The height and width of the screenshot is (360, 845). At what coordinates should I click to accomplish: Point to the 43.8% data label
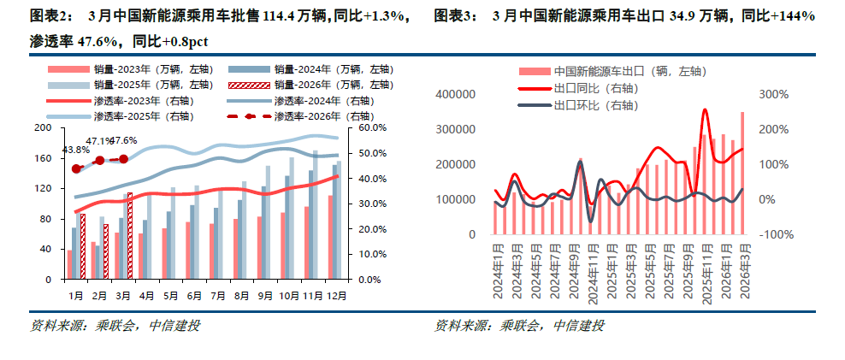[74, 150]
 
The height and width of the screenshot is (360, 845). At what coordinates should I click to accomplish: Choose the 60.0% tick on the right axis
[374, 128]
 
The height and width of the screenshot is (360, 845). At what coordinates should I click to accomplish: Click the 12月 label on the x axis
[337, 295]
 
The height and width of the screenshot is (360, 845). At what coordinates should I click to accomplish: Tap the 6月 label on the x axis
[195, 295]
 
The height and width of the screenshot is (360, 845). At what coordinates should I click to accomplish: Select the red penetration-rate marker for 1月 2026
[76, 168]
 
